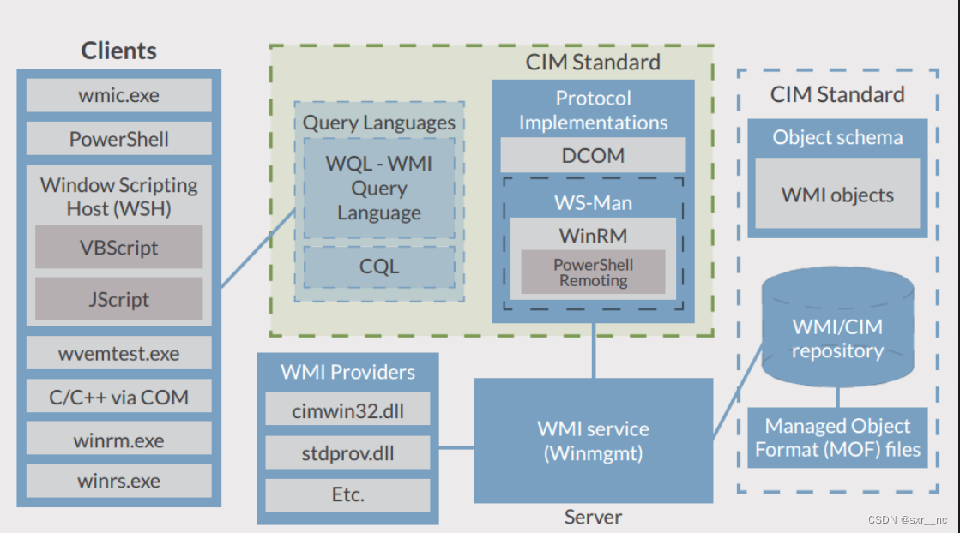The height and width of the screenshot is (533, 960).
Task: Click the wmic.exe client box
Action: coord(118,95)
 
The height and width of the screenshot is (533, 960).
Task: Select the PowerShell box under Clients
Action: coord(118,139)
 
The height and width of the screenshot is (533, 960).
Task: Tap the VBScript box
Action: coord(118,247)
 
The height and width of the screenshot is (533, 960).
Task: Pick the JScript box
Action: coord(118,299)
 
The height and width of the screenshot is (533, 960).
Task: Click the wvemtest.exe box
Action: coord(118,353)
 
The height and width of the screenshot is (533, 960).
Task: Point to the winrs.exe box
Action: coord(118,481)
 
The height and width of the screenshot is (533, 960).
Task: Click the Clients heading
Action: coord(118,51)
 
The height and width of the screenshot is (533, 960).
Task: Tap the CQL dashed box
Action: coord(379,267)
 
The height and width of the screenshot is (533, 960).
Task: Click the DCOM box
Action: coord(593,154)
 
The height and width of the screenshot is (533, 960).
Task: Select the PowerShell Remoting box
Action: coord(593,272)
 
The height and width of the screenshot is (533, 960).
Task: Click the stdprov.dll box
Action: coord(347,452)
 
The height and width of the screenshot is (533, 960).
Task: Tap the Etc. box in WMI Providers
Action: coord(347,494)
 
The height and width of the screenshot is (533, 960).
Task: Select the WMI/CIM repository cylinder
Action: coord(837,326)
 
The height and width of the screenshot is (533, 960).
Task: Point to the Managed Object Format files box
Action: coord(837,438)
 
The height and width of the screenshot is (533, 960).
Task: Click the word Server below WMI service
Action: coord(593,517)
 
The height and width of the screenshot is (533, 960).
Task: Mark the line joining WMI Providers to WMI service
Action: coord(456,447)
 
